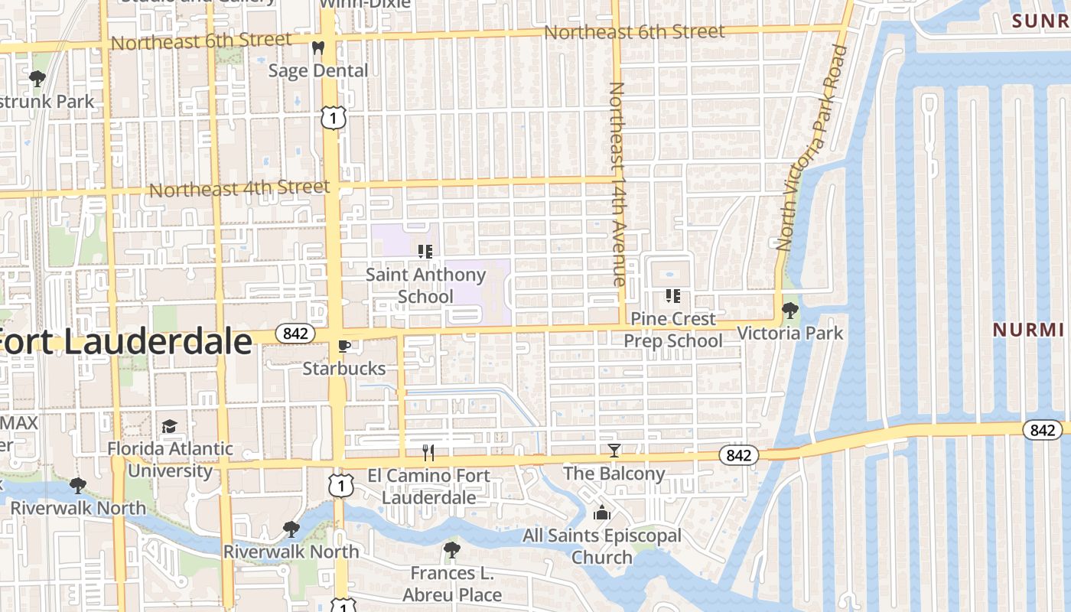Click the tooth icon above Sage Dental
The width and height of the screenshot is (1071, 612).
point(318,47)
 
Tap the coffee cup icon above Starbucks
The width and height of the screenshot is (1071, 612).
point(344,346)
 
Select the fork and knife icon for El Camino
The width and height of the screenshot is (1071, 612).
point(428,453)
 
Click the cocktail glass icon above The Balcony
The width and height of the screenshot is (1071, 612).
point(614,451)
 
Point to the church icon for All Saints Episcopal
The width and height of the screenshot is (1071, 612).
point(602,513)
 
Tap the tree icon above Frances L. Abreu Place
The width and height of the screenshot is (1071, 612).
point(452,549)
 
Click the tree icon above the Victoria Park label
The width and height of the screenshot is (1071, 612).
point(789,311)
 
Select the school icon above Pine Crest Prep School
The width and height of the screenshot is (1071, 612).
point(673,295)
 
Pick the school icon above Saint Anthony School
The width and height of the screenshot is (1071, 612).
point(426,251)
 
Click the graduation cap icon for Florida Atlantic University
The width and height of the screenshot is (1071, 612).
point(169,425)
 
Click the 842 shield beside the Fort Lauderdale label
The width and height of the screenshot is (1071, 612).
point(295,334)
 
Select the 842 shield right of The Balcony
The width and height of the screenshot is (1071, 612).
point(738,455)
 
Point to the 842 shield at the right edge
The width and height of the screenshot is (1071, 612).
point(1042,430)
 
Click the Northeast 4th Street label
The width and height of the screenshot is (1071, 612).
point(239,188)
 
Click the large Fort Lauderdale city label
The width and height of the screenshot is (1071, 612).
point(126,341)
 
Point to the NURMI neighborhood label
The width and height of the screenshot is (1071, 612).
point(1028,330)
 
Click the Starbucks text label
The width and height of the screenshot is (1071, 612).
point(344,368)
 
